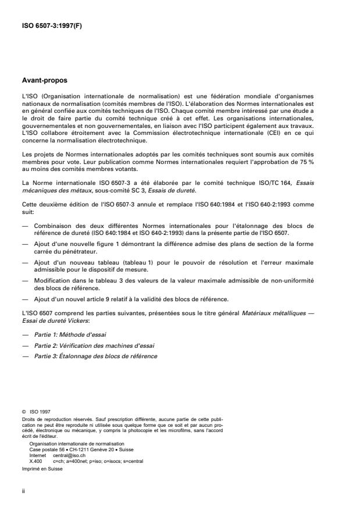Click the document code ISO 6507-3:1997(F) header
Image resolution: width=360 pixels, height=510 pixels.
pos(49,26)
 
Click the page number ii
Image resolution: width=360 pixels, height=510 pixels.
pos(24,491)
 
